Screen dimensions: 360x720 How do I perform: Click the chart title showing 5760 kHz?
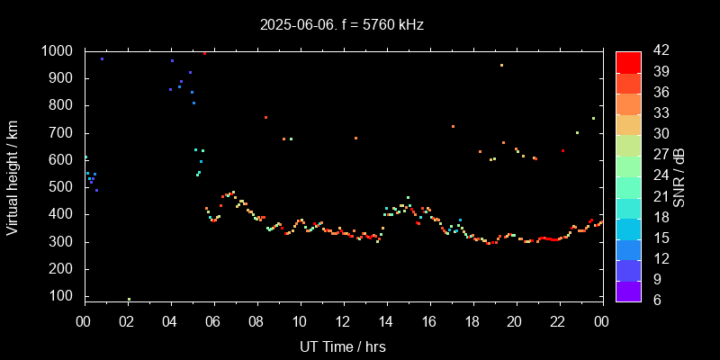341,25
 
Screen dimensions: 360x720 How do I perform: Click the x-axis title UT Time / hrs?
342,346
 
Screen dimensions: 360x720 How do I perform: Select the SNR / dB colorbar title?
679,175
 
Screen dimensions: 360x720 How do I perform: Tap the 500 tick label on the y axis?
62,188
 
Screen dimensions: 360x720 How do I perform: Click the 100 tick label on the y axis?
62,297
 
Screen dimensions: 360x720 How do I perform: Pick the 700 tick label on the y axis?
62,133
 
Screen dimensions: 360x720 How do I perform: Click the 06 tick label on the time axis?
213,322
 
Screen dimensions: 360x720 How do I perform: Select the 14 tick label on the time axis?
386,322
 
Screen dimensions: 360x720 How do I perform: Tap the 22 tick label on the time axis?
558,322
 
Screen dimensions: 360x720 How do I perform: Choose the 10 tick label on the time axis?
300,322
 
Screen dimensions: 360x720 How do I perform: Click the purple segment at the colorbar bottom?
628,290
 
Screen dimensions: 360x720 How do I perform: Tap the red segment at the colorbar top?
628,61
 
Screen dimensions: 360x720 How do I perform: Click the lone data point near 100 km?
129,299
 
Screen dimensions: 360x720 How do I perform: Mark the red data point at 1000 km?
204,53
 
